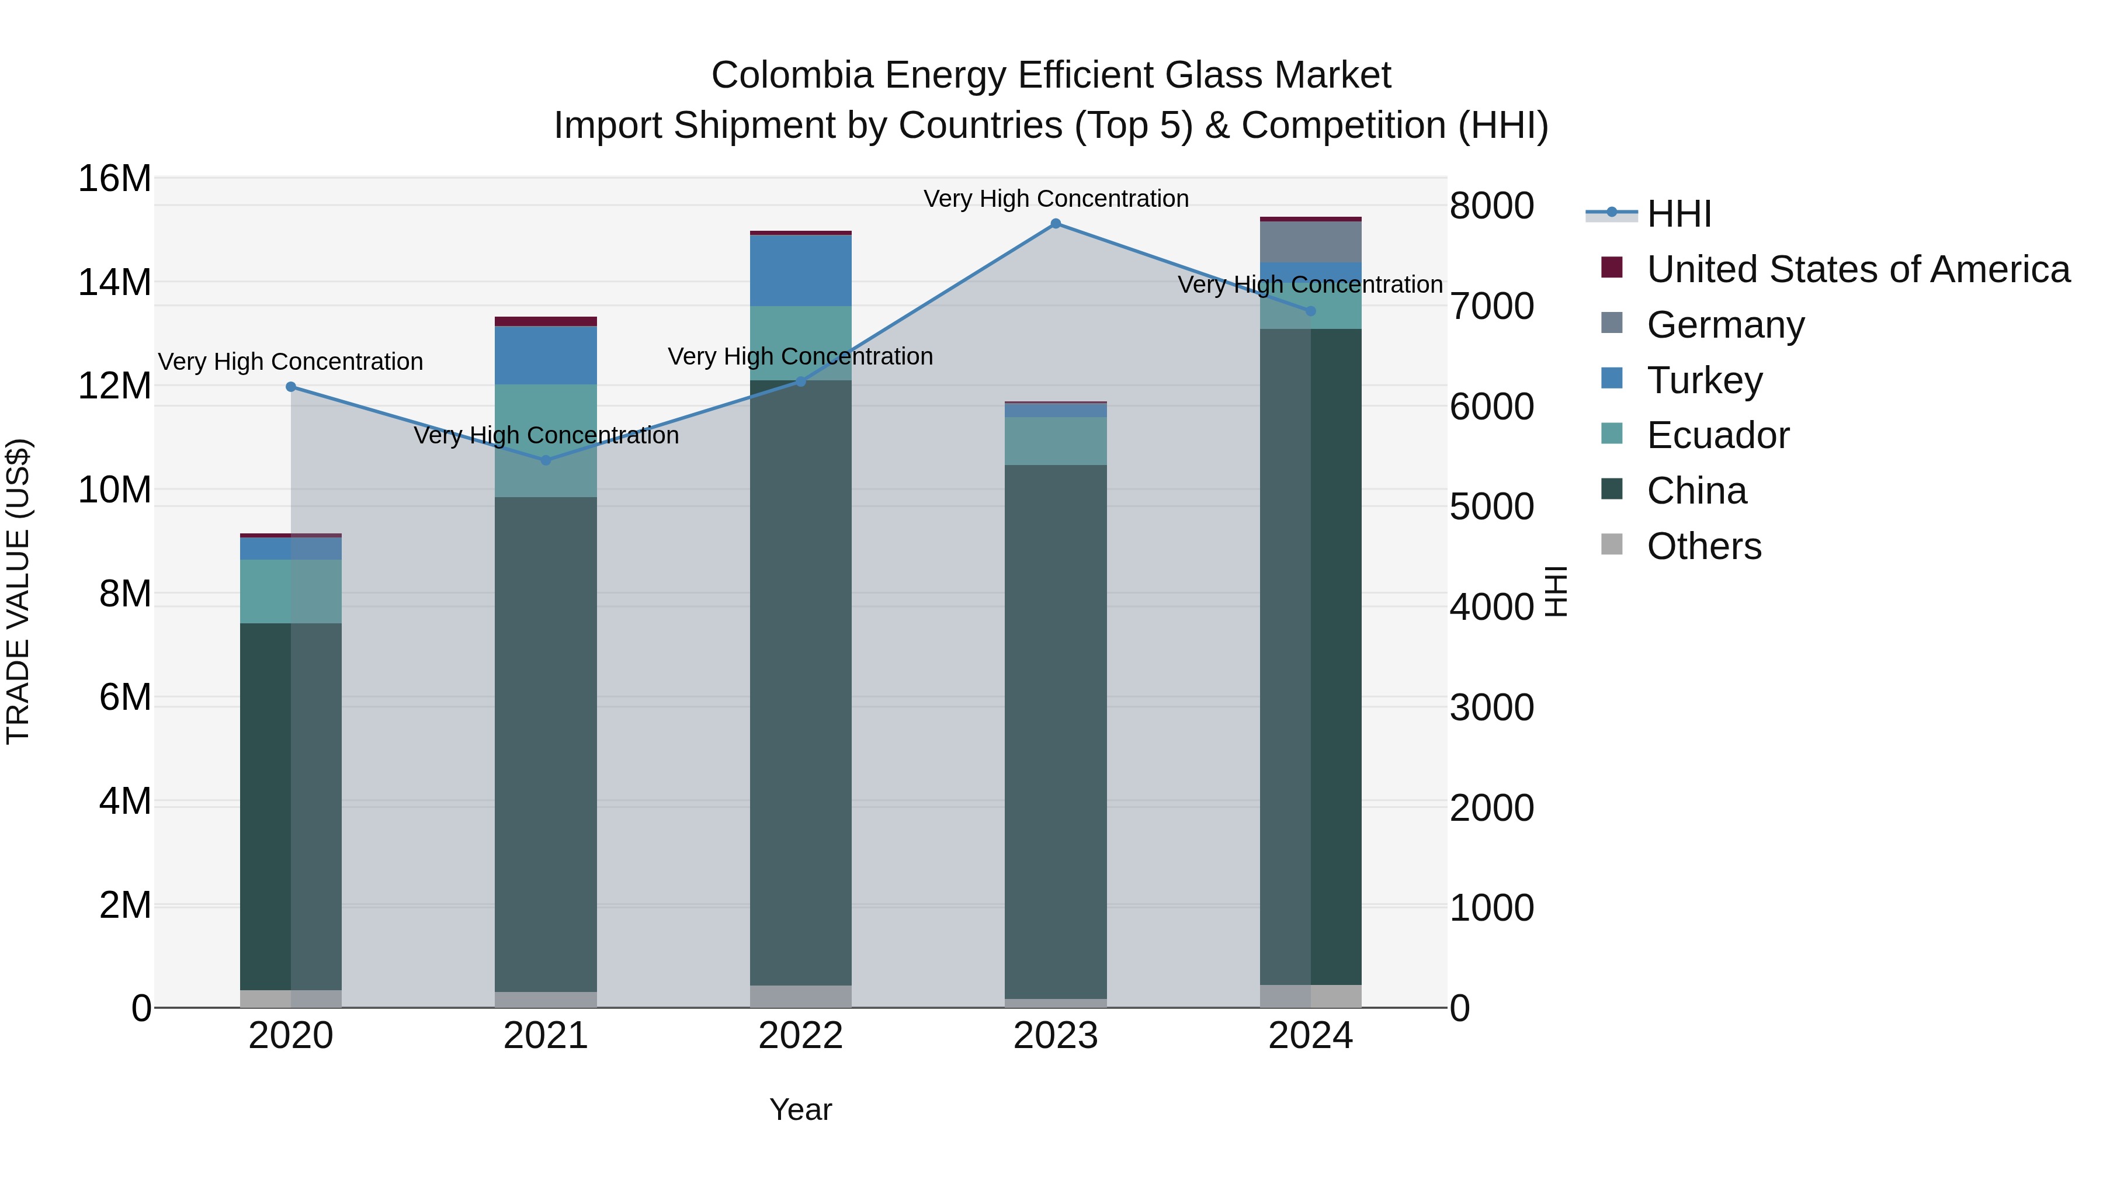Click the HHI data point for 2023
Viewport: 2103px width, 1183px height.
click(1056, 224)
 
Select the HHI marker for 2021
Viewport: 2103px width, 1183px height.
click(546, 460)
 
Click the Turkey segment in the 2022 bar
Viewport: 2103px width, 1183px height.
click(801, 270)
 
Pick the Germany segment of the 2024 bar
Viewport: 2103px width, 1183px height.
click(1310, 242)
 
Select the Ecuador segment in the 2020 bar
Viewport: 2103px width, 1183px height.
click(291, 591)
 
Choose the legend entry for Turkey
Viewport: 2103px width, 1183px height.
click(1704, 380)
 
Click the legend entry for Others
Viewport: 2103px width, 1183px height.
click(1704, 546)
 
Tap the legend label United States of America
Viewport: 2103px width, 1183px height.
click(1858, 269)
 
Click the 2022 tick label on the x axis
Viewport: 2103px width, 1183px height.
click(801, 1036)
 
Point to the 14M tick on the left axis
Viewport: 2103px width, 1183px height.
click(114, 283)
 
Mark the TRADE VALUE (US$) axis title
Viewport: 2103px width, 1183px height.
click(18, 591)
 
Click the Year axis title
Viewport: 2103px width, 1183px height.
click(801, 1109)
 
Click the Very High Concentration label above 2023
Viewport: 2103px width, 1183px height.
click(1056, 199)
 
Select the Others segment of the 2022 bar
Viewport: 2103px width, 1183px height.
click(801, 996)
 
